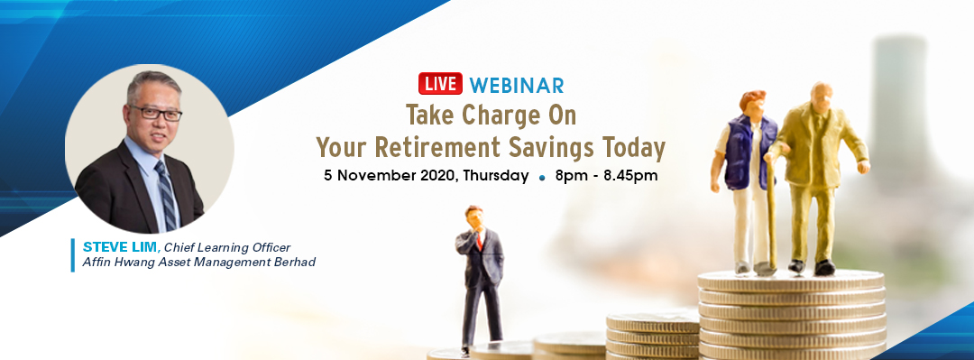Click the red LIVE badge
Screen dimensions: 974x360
click(440, 83)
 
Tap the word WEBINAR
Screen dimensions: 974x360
click(517, 84)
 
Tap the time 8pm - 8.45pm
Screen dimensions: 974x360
click(606, 176)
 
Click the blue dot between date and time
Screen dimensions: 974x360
click(542, 177)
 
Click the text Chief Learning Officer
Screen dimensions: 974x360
click(226, 247)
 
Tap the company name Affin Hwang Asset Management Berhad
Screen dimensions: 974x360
click(198, 263)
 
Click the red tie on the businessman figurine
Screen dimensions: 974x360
click(479, 241)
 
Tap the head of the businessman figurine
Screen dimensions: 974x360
click(474, 215)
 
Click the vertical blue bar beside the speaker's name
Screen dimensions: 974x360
click(73, 255)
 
